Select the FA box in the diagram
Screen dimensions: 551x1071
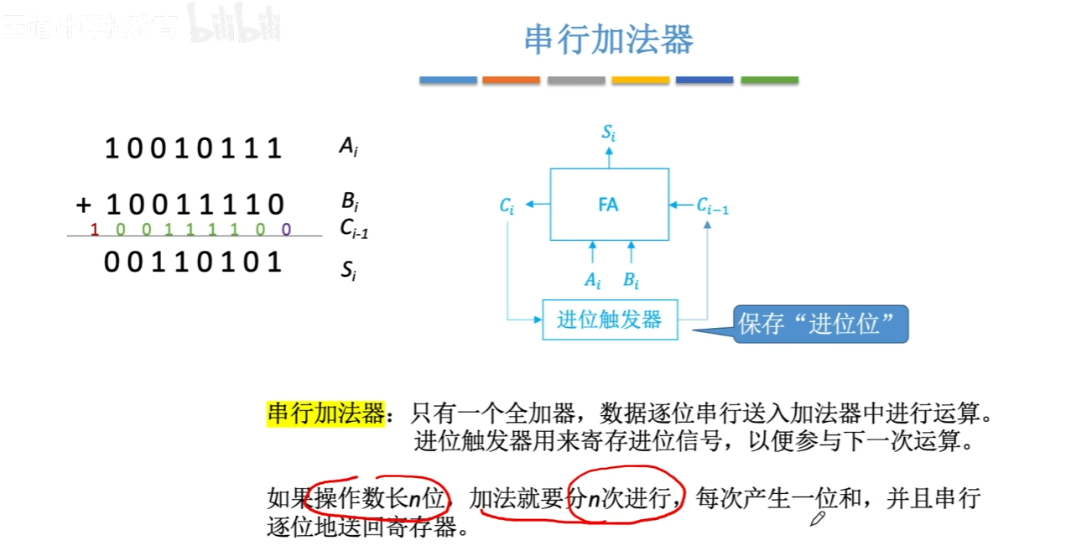click(609, 204)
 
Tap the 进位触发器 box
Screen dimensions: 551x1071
click(610, 320)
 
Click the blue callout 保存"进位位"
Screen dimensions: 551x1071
click(820, 324)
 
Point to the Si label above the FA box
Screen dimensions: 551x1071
click(609, 133)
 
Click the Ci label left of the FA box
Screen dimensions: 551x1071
click(507, 205)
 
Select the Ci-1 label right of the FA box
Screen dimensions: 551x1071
click(713, 205)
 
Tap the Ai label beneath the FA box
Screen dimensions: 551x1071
click(593, 279)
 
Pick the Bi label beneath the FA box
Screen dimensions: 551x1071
click(632, 279)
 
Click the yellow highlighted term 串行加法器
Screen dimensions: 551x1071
click(325, 413)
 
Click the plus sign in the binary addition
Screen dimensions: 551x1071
click(83, 204)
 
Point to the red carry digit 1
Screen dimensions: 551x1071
click(95, 229)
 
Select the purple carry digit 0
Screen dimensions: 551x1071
click(286, 229)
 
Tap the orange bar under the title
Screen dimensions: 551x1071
click(511, 81)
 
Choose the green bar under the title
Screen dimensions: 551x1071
click(769, 81)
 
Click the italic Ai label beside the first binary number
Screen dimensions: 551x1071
click(348, 148)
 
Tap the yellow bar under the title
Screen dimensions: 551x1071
click(640, 81)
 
